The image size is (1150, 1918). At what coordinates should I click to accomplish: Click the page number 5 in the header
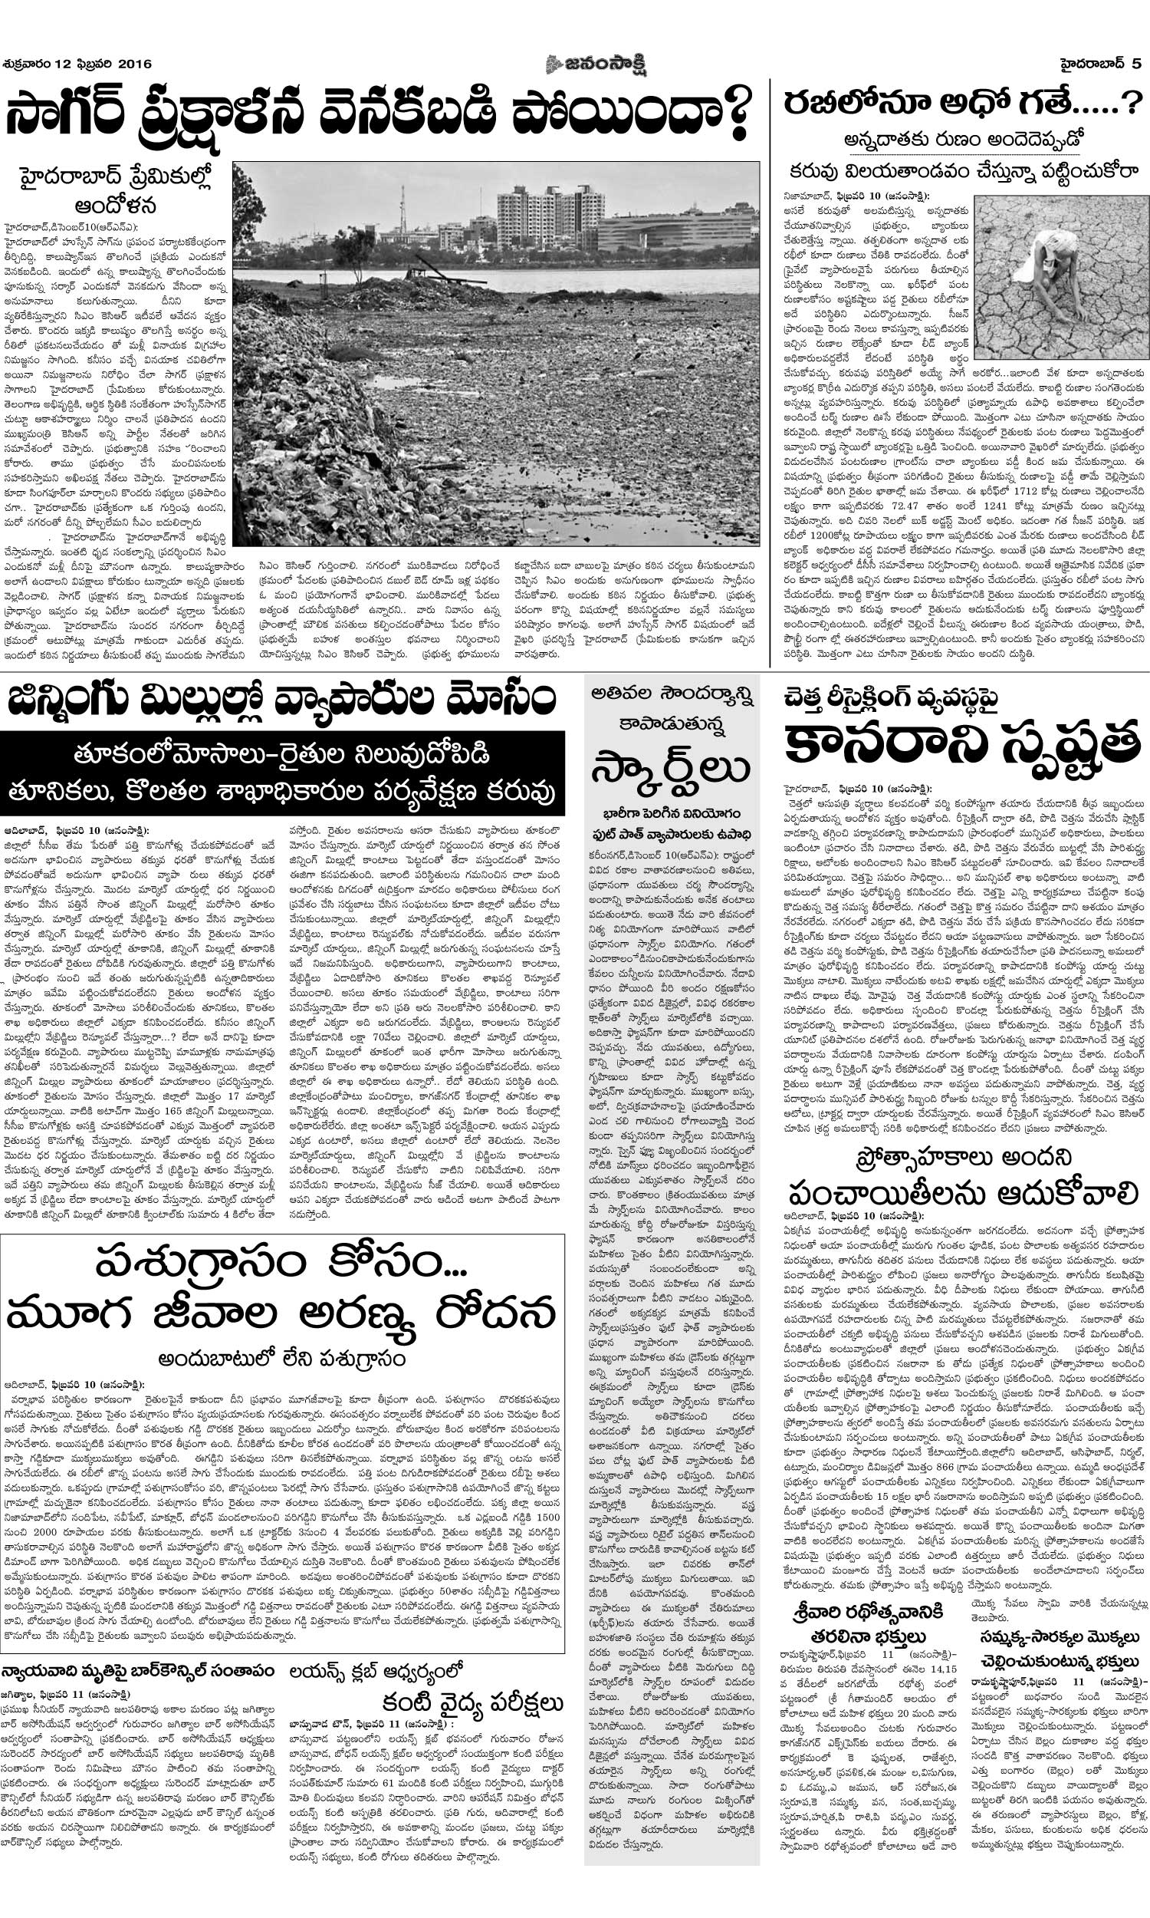pyautogui.click(x=1136, y=64)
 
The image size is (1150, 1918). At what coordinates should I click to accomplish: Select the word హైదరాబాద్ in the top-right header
pyautogui.click(x=1091, y=64)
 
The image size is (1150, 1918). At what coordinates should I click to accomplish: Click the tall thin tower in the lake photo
pyautogui.click(x=402, y=211)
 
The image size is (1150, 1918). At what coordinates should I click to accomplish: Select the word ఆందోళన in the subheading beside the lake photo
pyautogui.click(x=116, y=206)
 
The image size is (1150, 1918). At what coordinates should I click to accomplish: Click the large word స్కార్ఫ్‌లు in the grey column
pyautogui.click(x=670, y=770)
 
